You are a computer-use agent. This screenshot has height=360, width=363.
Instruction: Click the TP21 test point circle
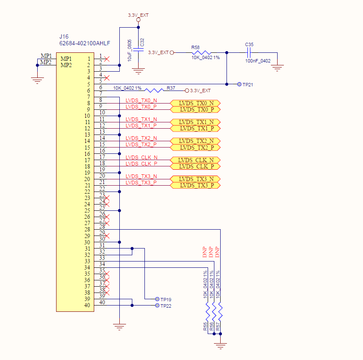[x=239, y=84]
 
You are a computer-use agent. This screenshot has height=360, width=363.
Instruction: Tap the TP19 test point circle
[x=157, y=299]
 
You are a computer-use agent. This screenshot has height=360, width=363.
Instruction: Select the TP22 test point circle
[x=157, y=306]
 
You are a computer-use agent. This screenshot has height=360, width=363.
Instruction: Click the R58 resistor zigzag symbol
[x=201, y=52]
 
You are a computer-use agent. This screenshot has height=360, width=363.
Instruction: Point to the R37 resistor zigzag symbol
[x=154, y=91]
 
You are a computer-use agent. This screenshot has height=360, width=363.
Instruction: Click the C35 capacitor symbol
[x=249, y=52]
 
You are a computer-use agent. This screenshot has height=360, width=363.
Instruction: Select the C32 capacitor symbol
[x=139, y=49]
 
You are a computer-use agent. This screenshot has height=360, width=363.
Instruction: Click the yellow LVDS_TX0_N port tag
[x=195, y=103]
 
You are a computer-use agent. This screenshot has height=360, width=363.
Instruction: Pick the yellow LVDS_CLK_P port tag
[x=195, y=166]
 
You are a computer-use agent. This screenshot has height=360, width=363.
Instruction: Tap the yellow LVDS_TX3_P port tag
[x=195, y=185]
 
